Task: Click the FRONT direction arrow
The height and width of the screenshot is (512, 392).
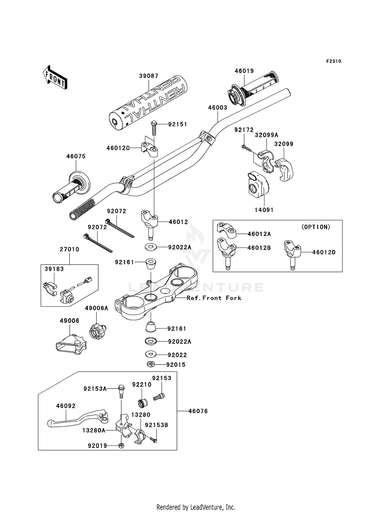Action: click(55, 78)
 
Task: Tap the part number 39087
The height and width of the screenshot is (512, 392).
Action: click(149, 76)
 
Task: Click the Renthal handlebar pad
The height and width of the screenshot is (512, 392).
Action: click(148, 103)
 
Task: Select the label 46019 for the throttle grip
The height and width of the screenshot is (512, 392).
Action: click(244, 71)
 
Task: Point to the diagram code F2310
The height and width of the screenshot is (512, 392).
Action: click(334, 61)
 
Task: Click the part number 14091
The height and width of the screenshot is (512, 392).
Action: click(264, 210)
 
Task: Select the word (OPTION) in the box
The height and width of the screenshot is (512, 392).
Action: click(316, 227)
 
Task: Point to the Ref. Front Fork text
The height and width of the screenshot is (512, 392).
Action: click(214, 298)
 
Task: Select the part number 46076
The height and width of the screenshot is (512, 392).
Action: click(198, 411)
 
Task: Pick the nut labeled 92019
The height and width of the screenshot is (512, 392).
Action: click(121, 446)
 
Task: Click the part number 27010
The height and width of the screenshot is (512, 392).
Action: click(70, 249)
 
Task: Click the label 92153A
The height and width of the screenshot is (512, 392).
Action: click(95, 389)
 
